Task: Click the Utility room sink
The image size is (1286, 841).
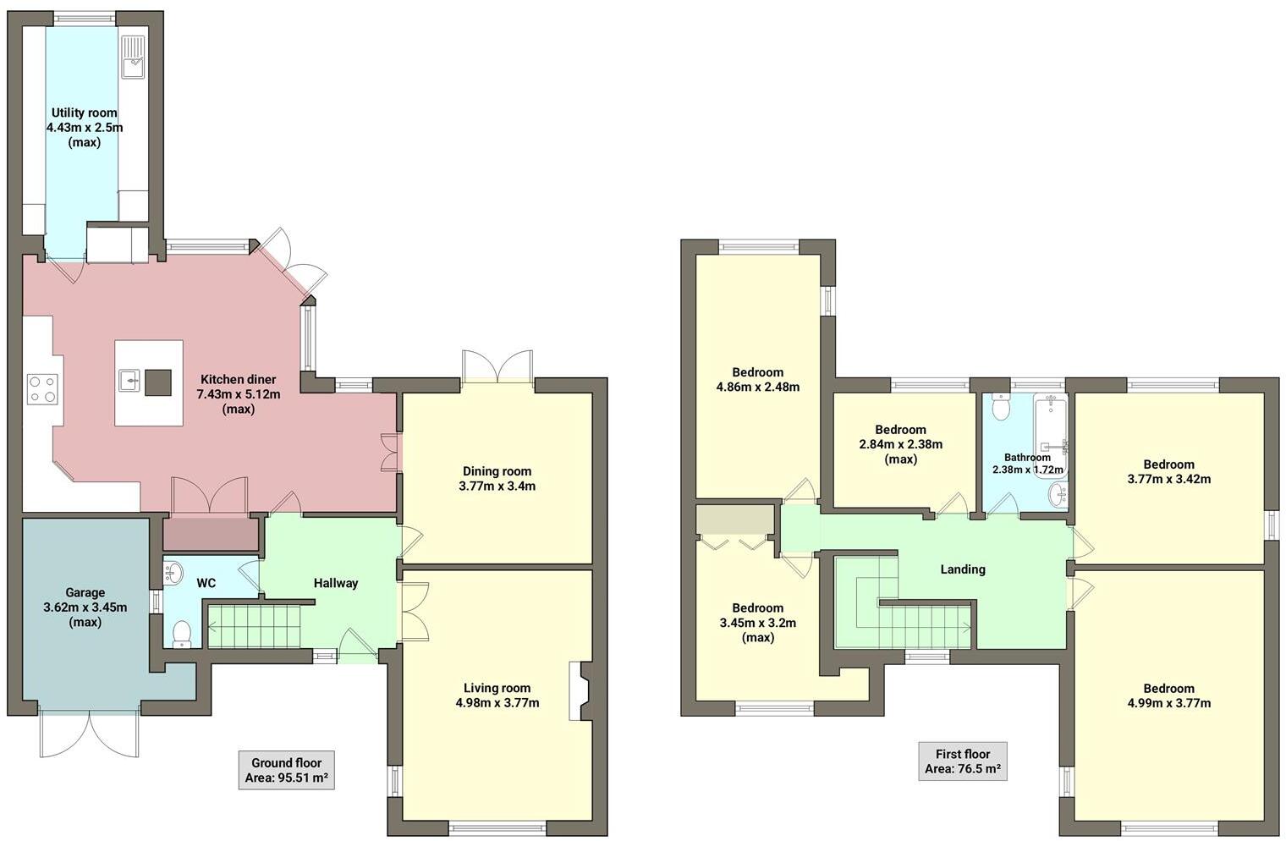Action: tap(133, 57)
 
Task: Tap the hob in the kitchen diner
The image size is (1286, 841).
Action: tap(44, 388)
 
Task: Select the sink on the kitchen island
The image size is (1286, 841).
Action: tap(130, 382)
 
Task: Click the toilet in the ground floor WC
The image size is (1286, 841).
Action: tap(182, 634)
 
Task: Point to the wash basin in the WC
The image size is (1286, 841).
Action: tap(173, 573)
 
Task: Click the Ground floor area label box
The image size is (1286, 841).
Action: tap(286, 770)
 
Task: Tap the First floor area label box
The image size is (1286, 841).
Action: tap(962, 761)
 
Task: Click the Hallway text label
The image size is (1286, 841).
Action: tap(336, 583)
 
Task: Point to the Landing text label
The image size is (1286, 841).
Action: tap(963, 569)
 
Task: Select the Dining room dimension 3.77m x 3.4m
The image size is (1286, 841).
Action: tap(497, 486)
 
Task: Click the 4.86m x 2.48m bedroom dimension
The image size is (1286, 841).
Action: tap(757, 388)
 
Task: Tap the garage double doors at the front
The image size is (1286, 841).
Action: tap(88, 732)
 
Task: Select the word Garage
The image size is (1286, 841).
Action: tap(85, 592)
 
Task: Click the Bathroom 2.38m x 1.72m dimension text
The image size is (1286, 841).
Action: tap(1027, 470)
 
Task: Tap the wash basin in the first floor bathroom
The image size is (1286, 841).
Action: tap(1057, 495)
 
